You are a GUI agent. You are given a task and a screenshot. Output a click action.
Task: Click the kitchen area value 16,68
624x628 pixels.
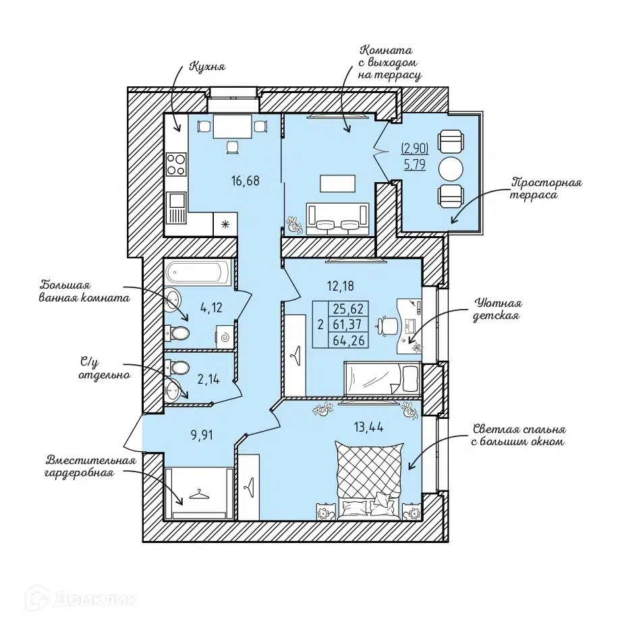[245, 181]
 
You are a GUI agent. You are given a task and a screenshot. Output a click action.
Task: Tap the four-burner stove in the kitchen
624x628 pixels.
[176, 164]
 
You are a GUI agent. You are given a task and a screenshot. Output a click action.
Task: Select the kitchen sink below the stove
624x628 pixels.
[176, 208]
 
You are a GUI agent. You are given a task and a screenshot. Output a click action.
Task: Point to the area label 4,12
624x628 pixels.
[211, 308]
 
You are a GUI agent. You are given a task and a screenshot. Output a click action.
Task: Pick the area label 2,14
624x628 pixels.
[208, 379]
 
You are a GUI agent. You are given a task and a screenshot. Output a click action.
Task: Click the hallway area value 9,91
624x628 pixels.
[202, 435]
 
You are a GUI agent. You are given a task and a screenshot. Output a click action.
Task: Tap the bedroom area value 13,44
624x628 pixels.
[368, 428]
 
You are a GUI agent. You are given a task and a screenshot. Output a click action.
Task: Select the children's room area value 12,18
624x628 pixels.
[341, 286]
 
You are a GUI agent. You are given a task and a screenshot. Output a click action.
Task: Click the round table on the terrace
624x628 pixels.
[451, 170]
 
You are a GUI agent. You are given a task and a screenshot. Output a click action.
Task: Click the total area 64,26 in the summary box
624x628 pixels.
[348, 341]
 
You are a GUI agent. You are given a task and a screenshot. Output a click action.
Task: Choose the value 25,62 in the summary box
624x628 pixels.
[348, 309]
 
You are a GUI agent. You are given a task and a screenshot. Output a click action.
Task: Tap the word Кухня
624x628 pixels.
[207, 66]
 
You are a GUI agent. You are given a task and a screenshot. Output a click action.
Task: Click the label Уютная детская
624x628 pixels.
[497, 309]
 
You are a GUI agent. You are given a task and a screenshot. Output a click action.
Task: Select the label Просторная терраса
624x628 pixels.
[546, 189]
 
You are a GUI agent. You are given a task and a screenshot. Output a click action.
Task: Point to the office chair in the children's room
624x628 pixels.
[386, 325]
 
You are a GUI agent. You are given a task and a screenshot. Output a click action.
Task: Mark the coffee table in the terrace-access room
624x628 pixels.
[338, 184]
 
